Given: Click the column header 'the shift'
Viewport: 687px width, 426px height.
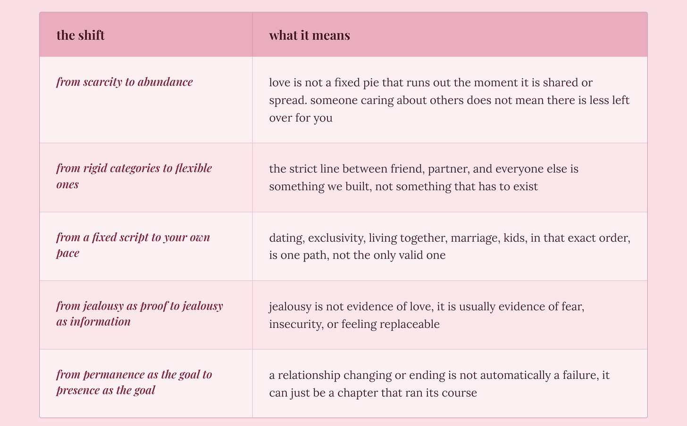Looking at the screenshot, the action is [x=80, y=35].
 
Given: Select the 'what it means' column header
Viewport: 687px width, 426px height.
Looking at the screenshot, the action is [x=310, y=35].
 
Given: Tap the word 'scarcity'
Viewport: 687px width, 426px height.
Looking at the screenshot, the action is [x=103, y=82].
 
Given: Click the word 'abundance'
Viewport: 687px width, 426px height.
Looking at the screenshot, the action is [x=165, y=82].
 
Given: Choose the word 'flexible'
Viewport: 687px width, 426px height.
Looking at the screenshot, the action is [x=193, y=168].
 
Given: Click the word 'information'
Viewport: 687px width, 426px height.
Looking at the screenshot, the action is [x=101, y=321].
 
